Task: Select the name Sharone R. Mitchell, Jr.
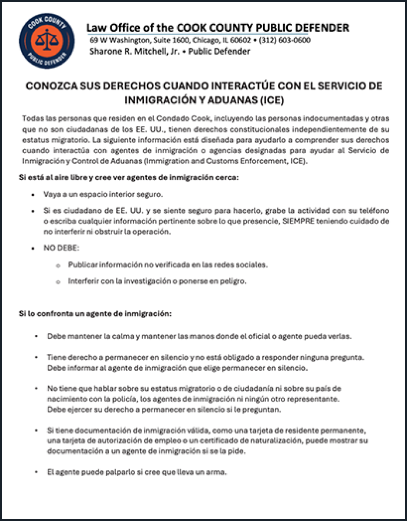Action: click(x=130, y=51)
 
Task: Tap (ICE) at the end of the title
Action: click(x=271, y=100)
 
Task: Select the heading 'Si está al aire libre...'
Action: click(x=129, y=178)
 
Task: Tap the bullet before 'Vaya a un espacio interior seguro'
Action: click(x=33, y=194)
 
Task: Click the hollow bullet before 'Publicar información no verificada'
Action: click(x=58, y=265)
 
